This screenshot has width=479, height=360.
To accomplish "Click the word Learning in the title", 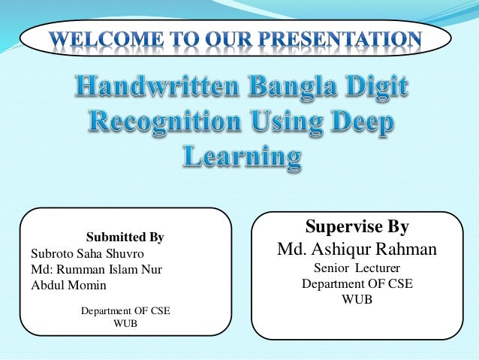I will pyautogui.click(x=241, y=157).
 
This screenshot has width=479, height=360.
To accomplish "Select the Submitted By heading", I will pyautogui.click(x=125, y=237).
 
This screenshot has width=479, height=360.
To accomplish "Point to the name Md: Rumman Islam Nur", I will pyautogui.click(x=96, y=269).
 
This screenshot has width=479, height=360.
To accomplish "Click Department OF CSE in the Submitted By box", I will pyautogui.click(x=125, y=310).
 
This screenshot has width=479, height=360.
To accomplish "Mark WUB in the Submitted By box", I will pyautogui.click(x=125, y=323).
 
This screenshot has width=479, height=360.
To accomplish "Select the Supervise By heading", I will pyautogui.click(x=357, y=227).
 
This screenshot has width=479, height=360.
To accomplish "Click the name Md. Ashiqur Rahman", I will pyautogui.click(x=357, y=249).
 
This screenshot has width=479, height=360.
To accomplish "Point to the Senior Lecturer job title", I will pyautogui.click(x=357, y=268).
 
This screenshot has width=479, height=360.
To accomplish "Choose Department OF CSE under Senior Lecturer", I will pyautogui.click(x=357, y=283).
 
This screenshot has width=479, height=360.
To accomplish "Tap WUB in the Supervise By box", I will pyautogui.click(x=357, y=299).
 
